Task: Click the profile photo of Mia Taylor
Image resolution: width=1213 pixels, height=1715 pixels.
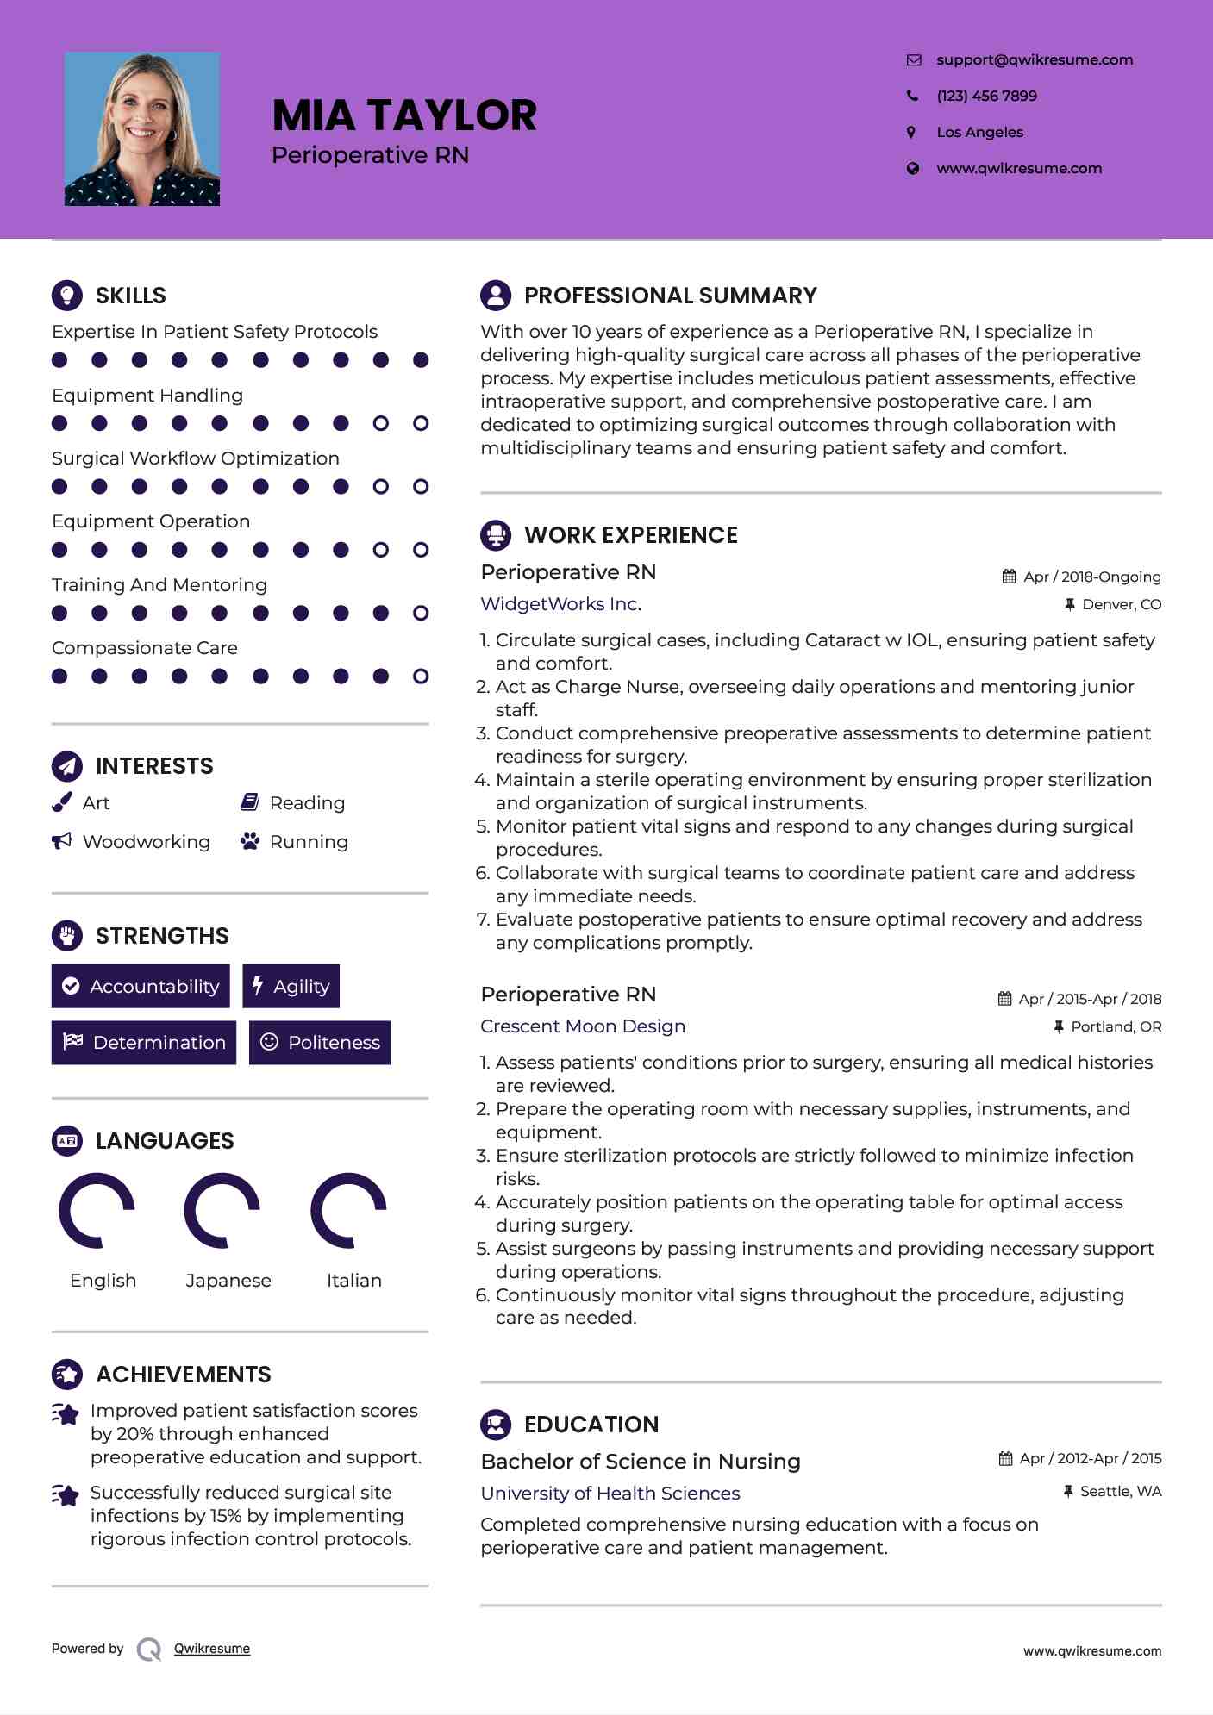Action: (x=142, y=129)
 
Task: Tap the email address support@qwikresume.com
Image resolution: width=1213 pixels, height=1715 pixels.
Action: (x=1034, y=59)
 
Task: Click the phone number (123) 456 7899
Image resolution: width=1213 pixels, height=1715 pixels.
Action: (x=986, y=96)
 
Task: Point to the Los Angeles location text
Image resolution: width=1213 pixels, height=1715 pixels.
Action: (x=979, y=132)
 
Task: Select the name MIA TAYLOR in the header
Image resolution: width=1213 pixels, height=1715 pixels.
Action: (x=404, y=115)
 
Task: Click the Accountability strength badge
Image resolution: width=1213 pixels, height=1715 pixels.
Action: (x=141, y=986)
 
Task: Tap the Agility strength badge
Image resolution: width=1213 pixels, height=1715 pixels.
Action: (x=291, y=986)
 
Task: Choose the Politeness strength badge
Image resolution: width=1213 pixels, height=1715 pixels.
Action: (x=320, y=1042)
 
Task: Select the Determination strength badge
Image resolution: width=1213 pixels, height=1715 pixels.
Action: (x=144, y=1042)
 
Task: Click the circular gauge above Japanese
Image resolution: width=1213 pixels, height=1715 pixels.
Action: (x=222, y=1210)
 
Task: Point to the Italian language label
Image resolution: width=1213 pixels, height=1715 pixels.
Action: (x=353, y=1281)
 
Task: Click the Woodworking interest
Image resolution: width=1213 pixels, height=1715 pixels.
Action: (x=146, y=842)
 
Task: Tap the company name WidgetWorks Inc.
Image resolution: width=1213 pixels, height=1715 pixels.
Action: (x=560, y=604)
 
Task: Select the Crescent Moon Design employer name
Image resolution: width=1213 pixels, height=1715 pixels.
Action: (x=583, y=1026)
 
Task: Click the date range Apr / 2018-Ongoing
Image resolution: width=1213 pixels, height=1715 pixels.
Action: (x=1091, y=577)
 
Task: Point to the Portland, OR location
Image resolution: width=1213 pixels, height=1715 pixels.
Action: (x=1116, y=1026)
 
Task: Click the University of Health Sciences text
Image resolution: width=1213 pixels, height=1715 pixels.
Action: (x=610, y=1494)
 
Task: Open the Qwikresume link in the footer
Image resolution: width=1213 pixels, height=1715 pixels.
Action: (x=212, y=1649)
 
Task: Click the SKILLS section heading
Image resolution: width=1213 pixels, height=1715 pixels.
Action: (x=130, y=296)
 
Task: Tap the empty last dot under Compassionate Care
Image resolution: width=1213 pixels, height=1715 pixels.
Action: (x=421, y=677)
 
